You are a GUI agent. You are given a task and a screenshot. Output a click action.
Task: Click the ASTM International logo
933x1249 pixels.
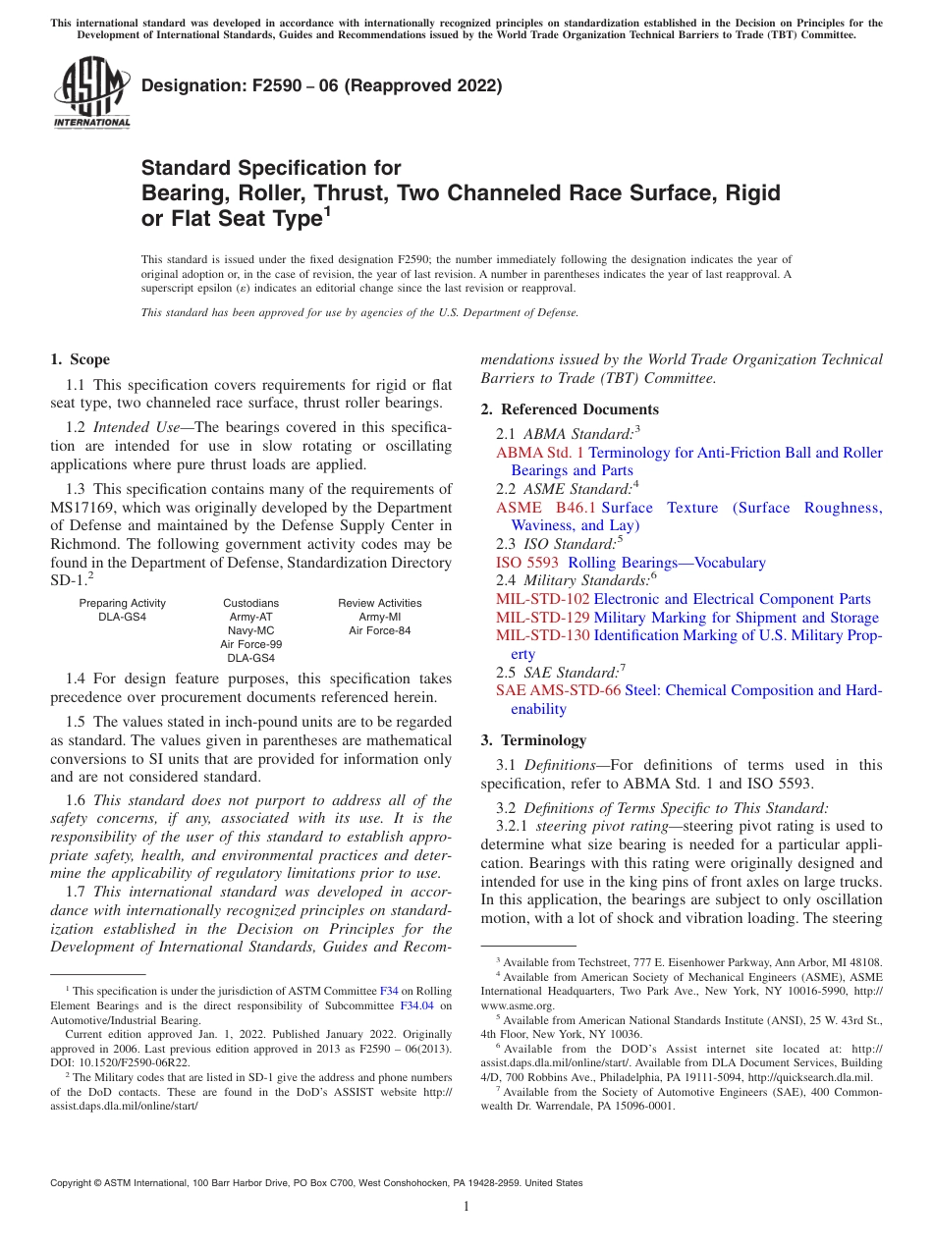click(91, 93)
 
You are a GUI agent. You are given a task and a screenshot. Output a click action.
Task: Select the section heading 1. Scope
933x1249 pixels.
click(80, 359)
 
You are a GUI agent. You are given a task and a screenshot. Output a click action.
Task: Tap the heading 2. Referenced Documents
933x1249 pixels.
click(570, 409)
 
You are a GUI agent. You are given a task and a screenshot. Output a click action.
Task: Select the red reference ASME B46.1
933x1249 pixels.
click(545, 508)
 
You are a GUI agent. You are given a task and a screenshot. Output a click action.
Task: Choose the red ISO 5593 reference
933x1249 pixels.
click(527, 563)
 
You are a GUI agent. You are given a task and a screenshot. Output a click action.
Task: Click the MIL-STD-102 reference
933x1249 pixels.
click(543, 599)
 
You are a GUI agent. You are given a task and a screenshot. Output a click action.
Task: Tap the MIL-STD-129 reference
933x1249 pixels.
click(543, 618)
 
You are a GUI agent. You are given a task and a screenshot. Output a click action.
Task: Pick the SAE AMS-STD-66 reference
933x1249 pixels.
click(558, 690)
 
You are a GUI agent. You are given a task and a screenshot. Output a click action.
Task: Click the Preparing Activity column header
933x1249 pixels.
click(123, 603)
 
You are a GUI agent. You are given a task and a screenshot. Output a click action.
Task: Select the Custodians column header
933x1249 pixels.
click(250, 603)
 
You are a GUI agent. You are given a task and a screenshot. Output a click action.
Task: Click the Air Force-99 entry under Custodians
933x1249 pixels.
click(250, 644)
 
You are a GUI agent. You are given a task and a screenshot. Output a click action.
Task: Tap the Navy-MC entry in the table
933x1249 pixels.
click(250, 630)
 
